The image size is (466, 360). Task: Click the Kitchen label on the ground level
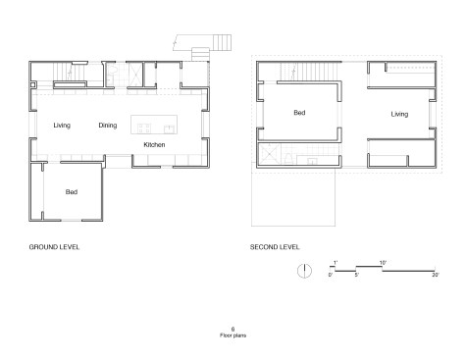tap(154, 144)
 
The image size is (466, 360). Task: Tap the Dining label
tap(108, 126)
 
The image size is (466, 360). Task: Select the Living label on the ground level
tap(62, 126)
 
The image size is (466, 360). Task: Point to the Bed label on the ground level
tap(72, 192)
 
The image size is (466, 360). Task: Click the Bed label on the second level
tap(299, 113)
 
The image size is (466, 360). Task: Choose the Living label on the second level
tap(399, 114)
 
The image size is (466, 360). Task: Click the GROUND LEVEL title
tap(54, 247)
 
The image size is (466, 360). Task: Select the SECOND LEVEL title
tap(275, 247)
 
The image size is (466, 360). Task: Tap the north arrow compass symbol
tap(304, 271)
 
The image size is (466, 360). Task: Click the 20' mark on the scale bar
tap(436, 275)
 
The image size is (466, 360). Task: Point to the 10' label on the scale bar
tap(383, 263)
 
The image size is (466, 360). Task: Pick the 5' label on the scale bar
tap(357, 275)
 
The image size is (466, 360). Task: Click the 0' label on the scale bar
tap(331, 275)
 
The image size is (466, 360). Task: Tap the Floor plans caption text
tap(233, 335)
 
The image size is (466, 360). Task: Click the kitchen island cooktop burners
tap(144, 129)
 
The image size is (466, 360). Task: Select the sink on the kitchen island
tap(169, 129)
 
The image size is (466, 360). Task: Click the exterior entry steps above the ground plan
tap(222, 42)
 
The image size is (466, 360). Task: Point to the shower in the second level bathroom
tap(270, 154)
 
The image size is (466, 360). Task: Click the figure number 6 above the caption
tap(233, 330)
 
